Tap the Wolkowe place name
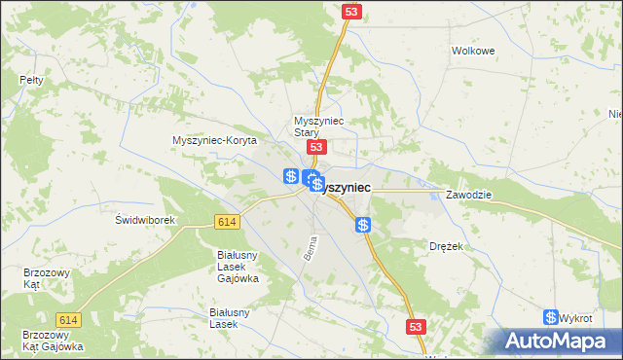(474, 51)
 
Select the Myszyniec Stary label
(313, 126)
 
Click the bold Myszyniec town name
(344, 186)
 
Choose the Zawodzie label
(469, 195)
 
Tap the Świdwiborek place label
(144, 220)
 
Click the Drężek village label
(446, 247)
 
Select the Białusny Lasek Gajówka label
(238, 266)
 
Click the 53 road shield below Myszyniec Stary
(315, 146)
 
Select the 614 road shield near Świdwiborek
(227, 223)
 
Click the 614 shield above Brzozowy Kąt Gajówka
(68, 320)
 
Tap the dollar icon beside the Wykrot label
(552, 317)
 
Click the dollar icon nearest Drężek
(363, 226)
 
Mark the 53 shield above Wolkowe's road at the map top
(352, 11)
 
